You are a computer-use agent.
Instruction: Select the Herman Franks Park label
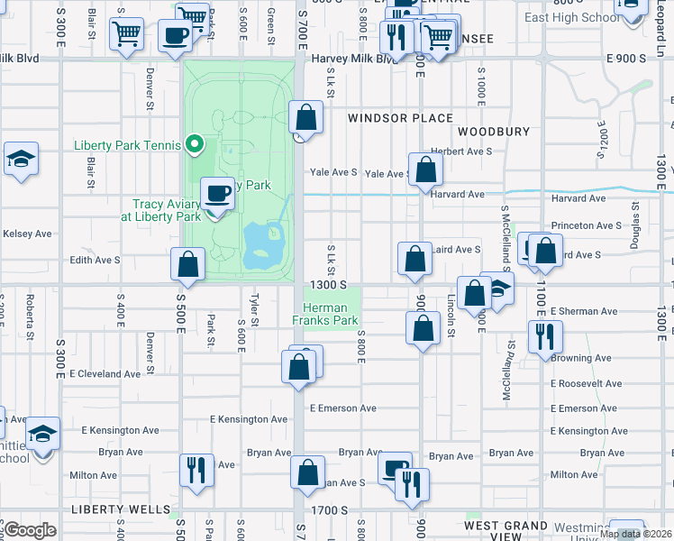coord(325,314)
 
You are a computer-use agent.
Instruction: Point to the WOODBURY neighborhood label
coord(493,132)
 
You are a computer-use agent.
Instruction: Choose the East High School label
coord(572,17)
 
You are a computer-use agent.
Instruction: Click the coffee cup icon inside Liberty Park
coord(215,193)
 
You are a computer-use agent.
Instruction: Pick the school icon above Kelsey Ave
coord(20,160)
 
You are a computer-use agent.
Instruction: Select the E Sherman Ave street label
coord(583,311)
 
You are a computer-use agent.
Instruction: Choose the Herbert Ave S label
coord(461,151)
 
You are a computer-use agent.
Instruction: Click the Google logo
coord(30,530)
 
